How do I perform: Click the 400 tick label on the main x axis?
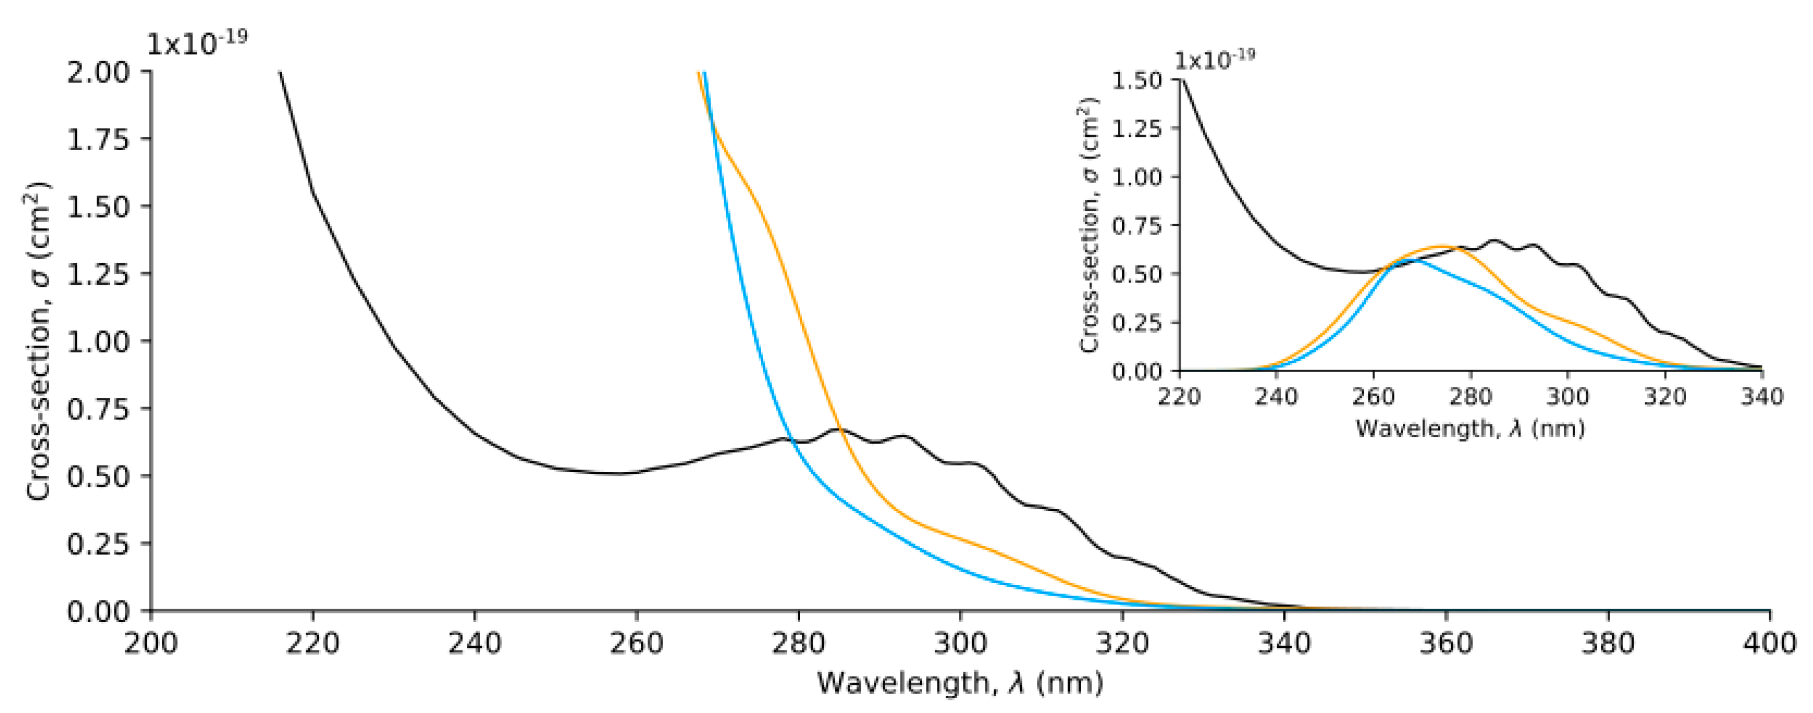coord(1769,643)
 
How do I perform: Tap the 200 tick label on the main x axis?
coord(151,643)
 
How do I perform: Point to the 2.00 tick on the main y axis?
coord(99,72)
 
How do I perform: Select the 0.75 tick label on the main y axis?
coord(99,409)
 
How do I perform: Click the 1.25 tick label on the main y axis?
coord(99,274)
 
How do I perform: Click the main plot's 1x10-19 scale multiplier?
coord(196,43)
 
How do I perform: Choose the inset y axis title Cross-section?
coord(1089,225)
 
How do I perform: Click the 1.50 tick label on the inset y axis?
coord(1136,80)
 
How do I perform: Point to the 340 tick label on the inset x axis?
coord(1762,397)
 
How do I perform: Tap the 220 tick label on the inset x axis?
coord(1180,397)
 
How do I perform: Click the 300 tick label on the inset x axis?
coord(1567,397)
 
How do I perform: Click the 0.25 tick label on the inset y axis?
coord(1136,322)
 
